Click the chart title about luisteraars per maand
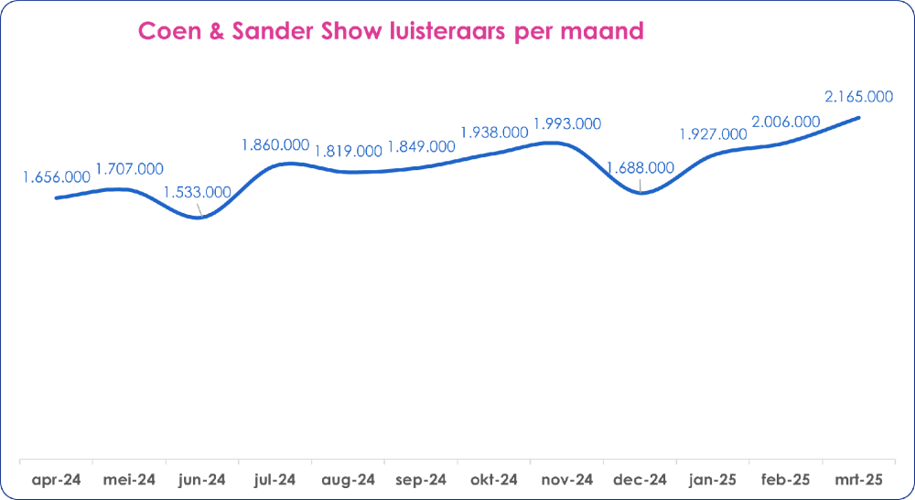click(391, 31)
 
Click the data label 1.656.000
click(57, 176)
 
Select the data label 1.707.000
click(129, 169)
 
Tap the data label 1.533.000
click(197, 193)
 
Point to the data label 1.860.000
click(274, 144)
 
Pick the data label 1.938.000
click(494, 132)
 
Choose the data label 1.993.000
click(567, 123)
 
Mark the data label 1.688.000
click(640, 168)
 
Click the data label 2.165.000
click(858, 97)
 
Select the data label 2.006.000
click(785, 122)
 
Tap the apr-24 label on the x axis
click(57, 479)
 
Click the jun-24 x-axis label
click(201, 479)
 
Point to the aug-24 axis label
click(348, 479)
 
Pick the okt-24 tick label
click(494, 479)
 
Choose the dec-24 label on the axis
click(640, 479)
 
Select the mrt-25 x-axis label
click(858, 479)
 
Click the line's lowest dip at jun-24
click(200, 217)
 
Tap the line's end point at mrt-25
click(859, 117)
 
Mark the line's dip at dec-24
click(641, 193)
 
